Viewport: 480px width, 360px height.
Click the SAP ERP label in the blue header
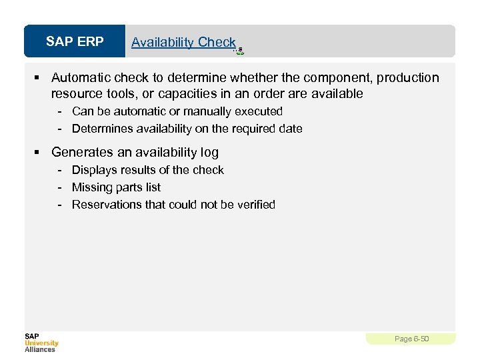click(x=75, y=42)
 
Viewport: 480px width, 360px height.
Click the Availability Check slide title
click(x=183, y=42)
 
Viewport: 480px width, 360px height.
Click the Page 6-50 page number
click(x=411, y=339)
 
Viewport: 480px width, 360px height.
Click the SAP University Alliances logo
click(x=41, y=342)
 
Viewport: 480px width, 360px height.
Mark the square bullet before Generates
click(x=41, y=153)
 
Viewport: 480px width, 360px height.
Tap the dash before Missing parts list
click(x=59, y=187)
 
